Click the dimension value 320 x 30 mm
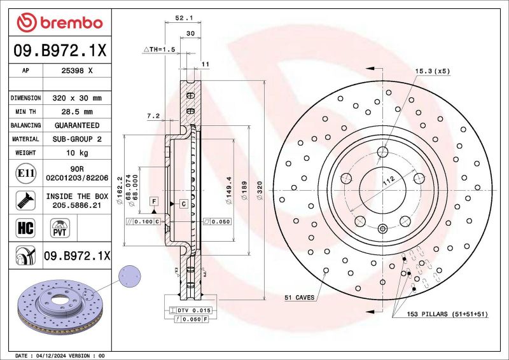77,98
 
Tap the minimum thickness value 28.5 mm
77,111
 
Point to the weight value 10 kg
77,153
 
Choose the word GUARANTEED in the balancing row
77,125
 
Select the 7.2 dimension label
153,116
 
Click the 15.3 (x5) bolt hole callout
433,71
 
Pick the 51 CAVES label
299,297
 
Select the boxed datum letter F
153,202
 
